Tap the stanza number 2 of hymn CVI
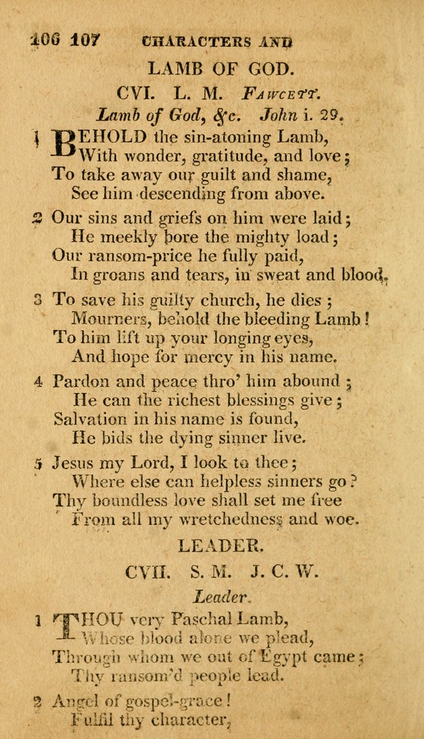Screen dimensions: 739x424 (38, 219)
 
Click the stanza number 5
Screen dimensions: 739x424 (38, 462)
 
